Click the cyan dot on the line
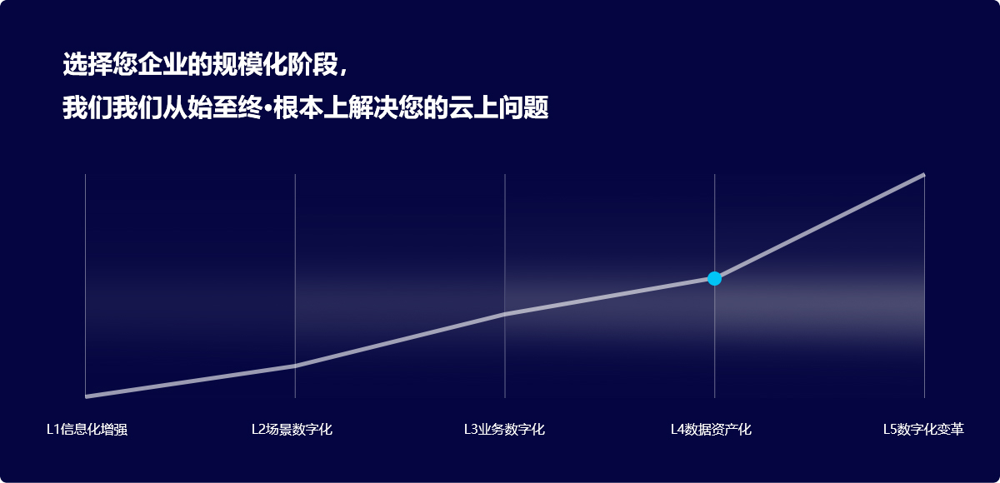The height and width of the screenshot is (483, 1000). tap(714, 278)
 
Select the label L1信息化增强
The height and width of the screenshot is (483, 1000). tap(87, 429)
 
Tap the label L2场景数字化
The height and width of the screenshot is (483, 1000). tap(292, 429)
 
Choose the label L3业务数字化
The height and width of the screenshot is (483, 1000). tap(504, 429)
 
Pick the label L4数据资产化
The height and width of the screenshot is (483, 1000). tap(711, 429)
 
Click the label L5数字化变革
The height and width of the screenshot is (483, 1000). tap(923, 429)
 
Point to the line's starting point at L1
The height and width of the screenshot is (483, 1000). tap(86, 396)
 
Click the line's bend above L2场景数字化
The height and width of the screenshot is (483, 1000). tap(295, 366)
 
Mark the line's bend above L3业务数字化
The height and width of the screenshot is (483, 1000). tap(505, 314)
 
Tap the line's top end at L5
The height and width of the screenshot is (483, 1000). tap(923, 175)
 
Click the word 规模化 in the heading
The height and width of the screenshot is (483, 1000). tap(249, 64)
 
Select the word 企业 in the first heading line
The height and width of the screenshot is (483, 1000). tap(162, 64)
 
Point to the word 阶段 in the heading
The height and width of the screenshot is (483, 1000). tap(312, 64)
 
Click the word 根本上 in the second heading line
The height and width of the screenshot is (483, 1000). tap(311, 107)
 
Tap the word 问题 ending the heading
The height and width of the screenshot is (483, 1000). tap(523, 107)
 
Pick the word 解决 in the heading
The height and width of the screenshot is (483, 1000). tap(373, 107)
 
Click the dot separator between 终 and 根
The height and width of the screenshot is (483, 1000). tap(268, 108)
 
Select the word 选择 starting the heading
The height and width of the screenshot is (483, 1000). tap(87, 64)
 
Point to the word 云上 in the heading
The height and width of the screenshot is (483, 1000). tap(473, 107)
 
